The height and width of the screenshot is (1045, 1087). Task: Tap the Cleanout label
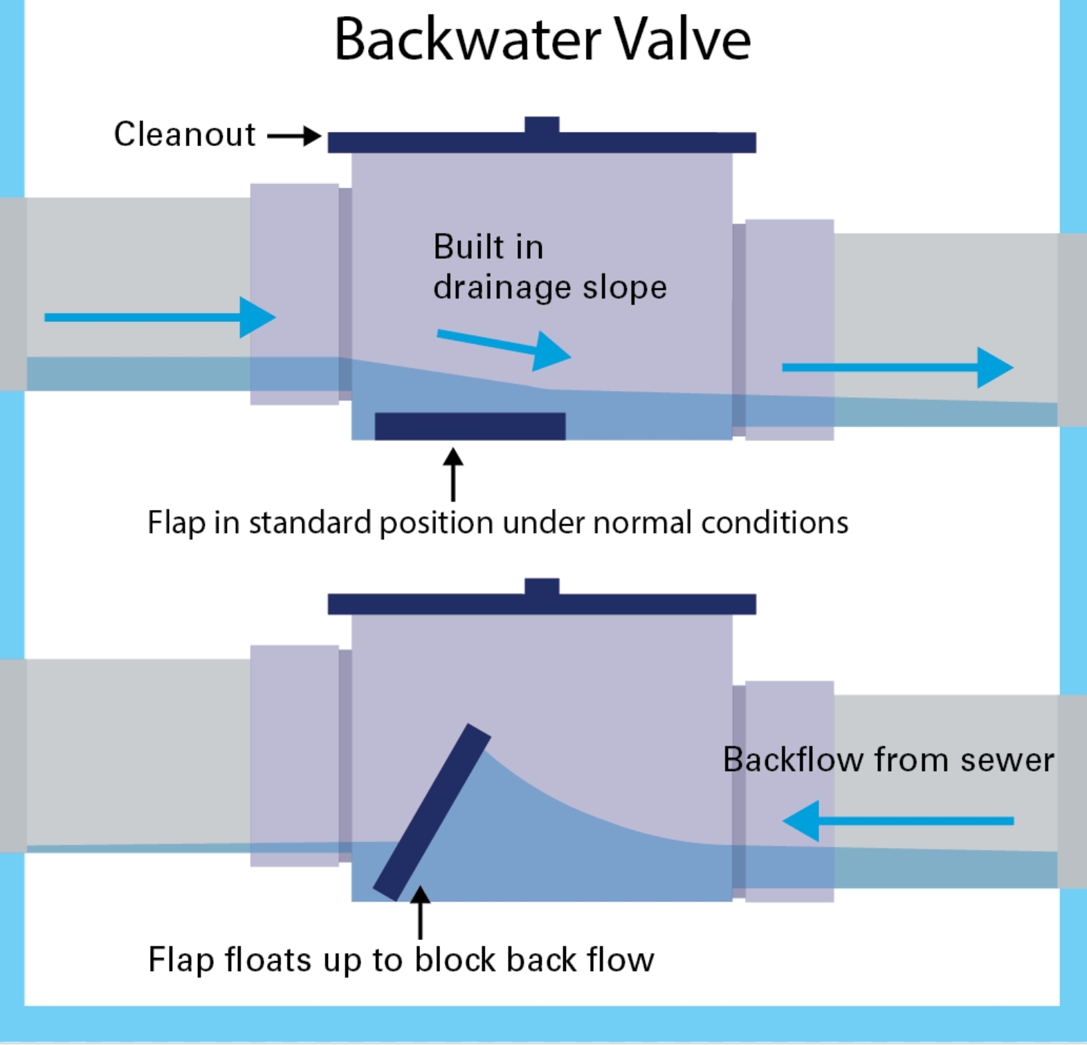coord(185,134)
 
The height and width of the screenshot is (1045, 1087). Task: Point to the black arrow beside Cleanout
coord(294,136)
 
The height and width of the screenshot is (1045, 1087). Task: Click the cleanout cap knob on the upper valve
coord(542,125)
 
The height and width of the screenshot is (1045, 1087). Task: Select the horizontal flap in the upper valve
coord(470,426)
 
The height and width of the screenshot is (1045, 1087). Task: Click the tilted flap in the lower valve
coord(432,812)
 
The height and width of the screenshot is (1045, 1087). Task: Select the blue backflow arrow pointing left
coord(897,821)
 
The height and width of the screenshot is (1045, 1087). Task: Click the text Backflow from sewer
coord(888,760)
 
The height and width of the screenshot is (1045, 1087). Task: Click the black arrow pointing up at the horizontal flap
coord(453,474)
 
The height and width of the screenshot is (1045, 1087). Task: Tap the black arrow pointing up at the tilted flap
coord(420,911)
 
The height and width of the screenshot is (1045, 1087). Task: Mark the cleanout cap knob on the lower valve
coord(542,587)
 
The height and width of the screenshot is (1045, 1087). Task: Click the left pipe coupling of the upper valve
coord(294,294)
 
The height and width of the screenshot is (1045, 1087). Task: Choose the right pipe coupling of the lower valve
coord(789,791)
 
